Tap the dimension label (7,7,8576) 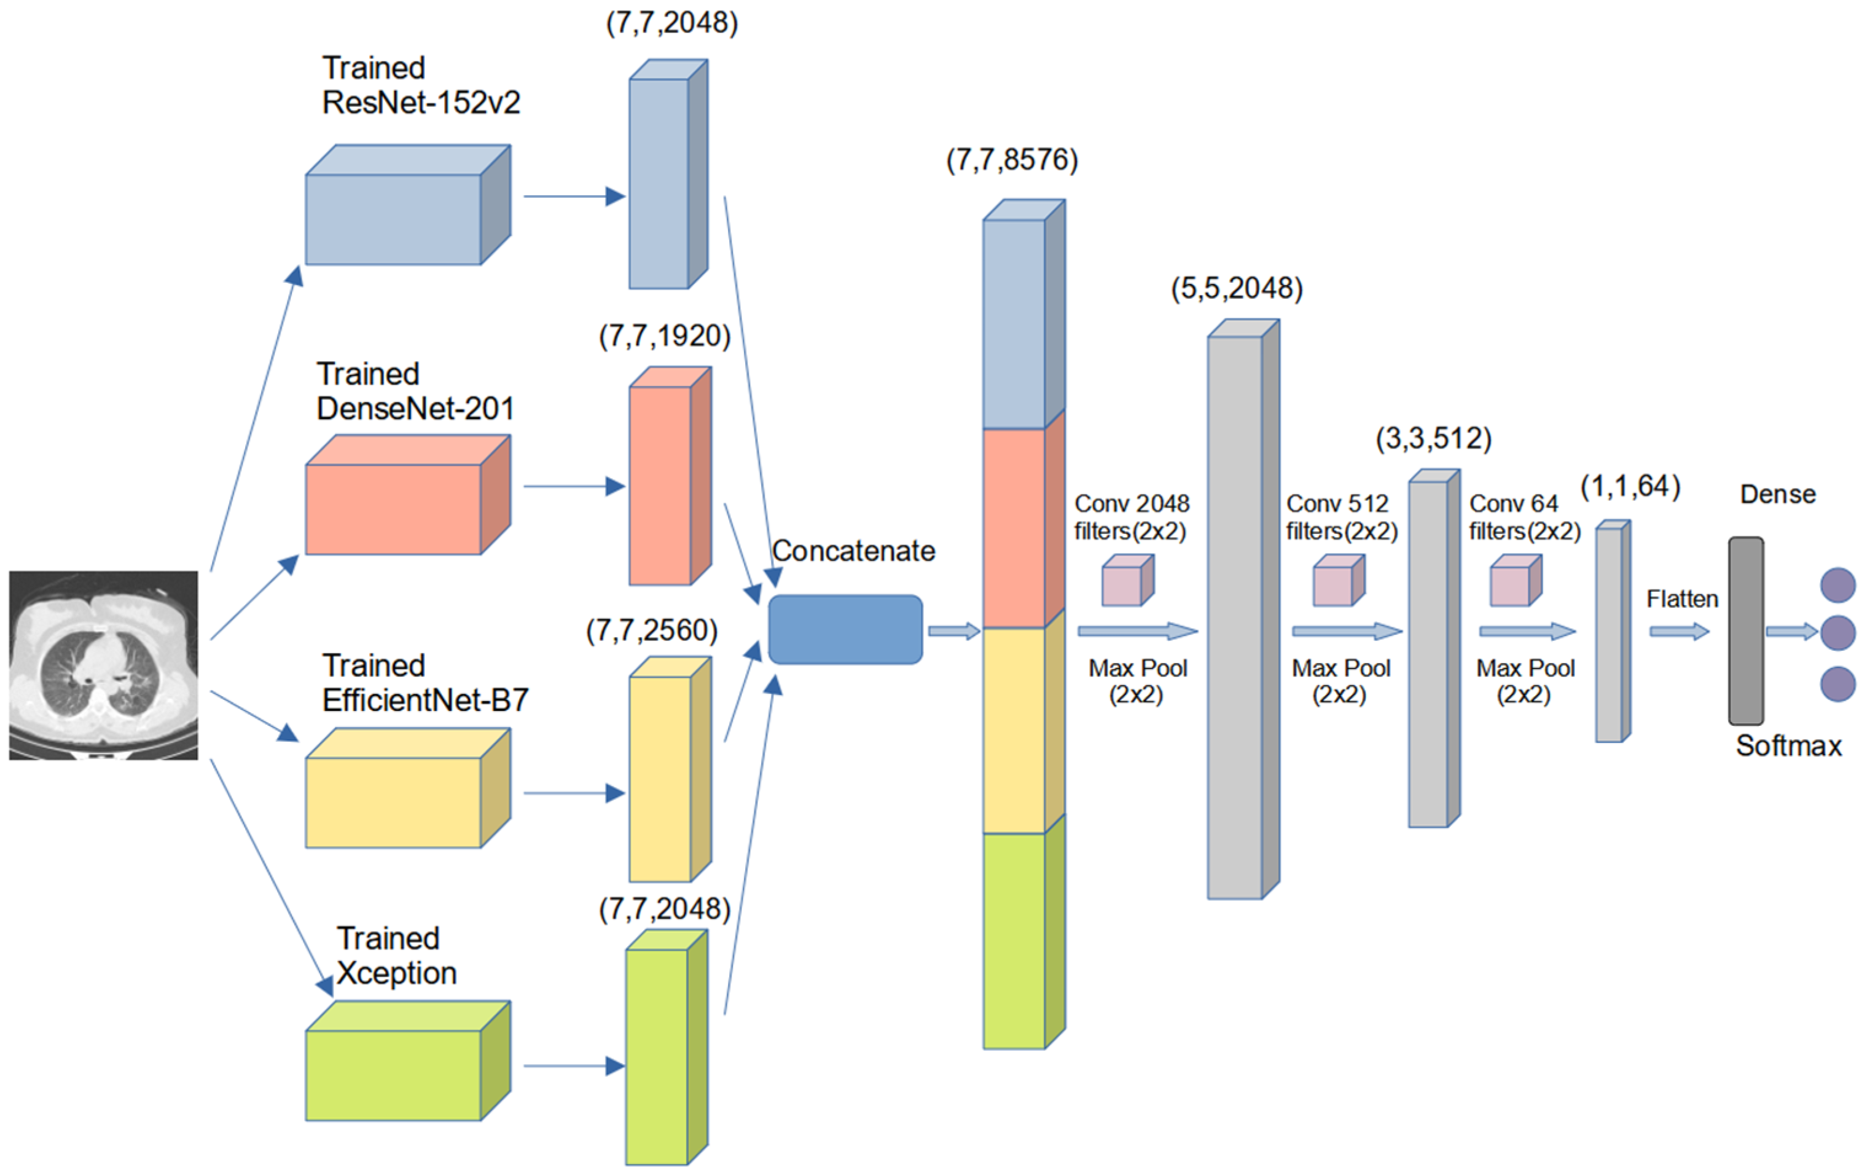(x=1012, y=160)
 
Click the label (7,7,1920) (x=665, y=336)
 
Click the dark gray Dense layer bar (x=1746, y=631)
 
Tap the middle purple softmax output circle (x=1837, y=633)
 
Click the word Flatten (x=1681, y=599)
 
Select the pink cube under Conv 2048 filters (x=1127, y=581)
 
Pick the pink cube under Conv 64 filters (x=1515, y=581)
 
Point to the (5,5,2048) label (x=1236, y=288)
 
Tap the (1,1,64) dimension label (x=1630, y=487)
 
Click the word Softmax (x=1788, y=745)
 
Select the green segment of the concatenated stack (x=1014, y=940)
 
